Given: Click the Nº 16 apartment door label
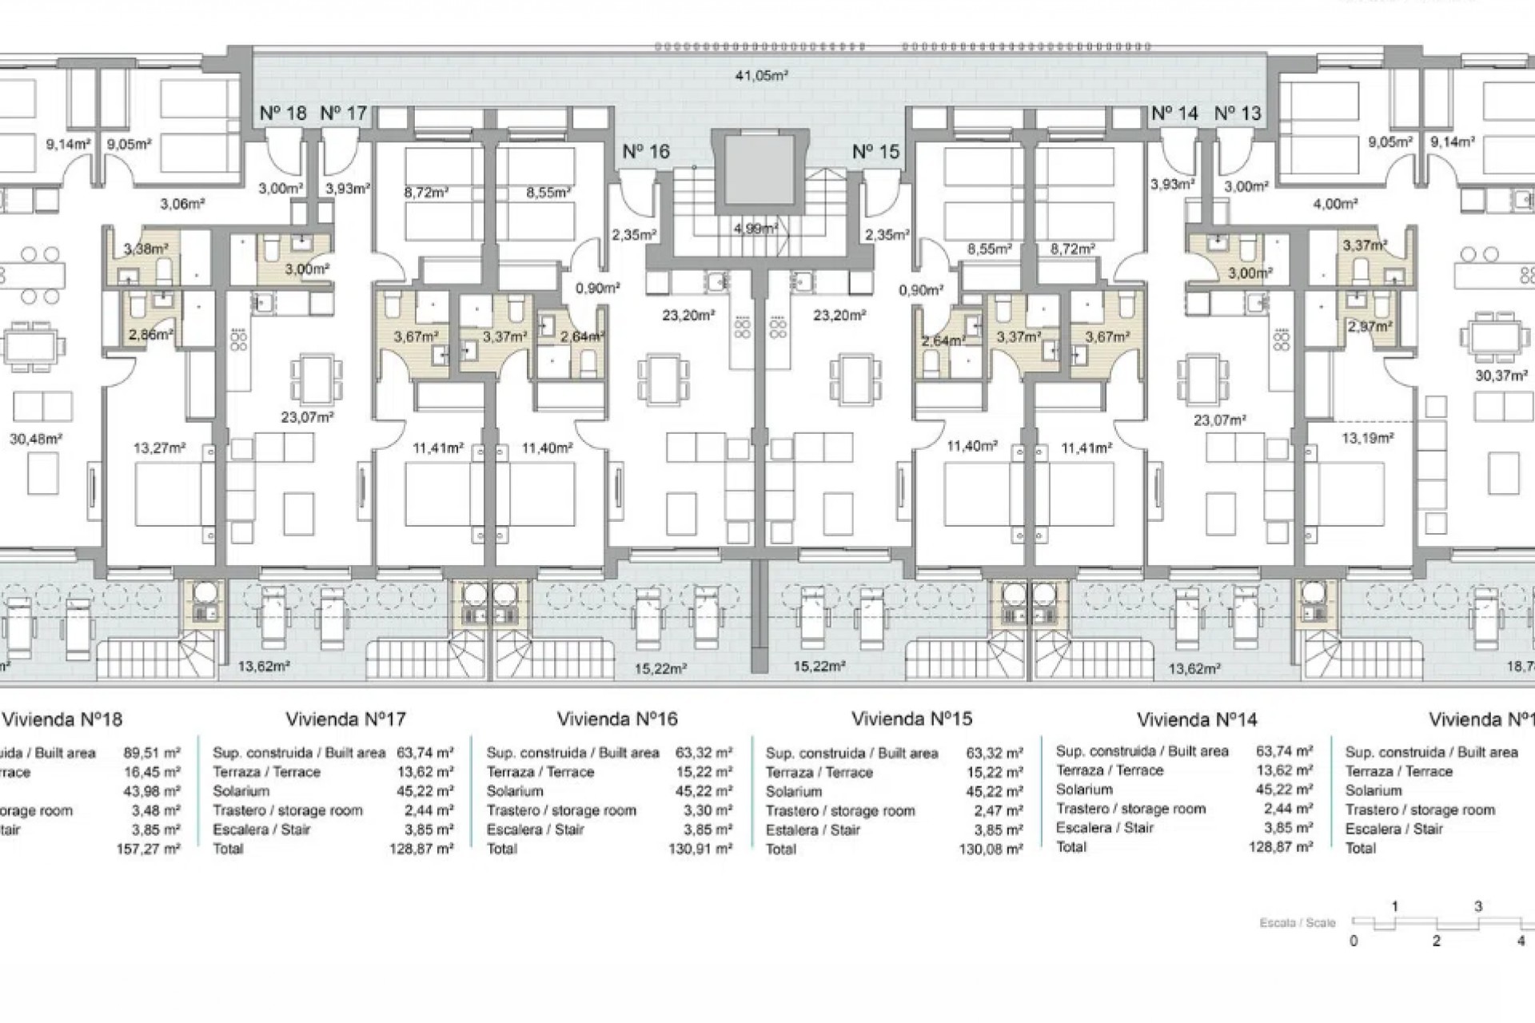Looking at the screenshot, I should [645, 151].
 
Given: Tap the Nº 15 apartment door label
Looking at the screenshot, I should [875, 151].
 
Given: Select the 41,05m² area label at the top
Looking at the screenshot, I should [761, 76].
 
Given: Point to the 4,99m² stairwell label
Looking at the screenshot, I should [756, 229].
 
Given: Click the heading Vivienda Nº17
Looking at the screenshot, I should [345, 719].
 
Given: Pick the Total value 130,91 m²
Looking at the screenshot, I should [700, 849].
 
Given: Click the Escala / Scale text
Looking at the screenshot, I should [1298, 922].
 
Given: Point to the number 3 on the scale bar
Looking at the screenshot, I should [1478, 906].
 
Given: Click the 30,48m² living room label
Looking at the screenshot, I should [36, 438].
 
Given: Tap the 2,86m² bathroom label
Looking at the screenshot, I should [151, 335].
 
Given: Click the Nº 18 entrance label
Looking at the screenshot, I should [283, 113].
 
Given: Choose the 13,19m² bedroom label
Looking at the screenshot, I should [1367, 438].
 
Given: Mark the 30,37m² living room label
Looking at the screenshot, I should [1501, 375].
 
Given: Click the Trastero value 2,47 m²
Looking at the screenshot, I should [995, 810].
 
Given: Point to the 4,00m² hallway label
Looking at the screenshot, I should [1335, 204].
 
